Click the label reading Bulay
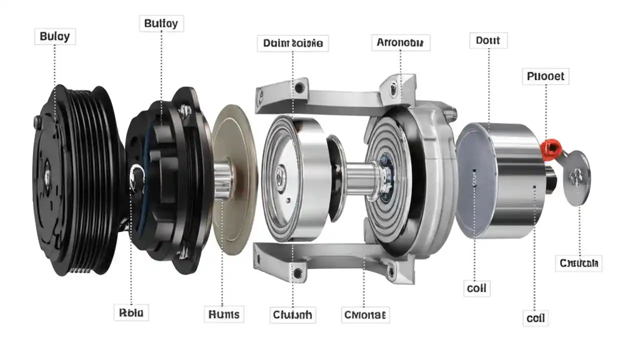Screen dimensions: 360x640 (x=55, y=36)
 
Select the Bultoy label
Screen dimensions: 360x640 (x=160, y=23)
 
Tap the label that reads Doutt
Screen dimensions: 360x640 (x=488, y=40)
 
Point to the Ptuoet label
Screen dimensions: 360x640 (x=545, y=76)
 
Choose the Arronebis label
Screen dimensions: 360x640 (x=400, y=43)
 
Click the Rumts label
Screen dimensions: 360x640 (x=223, y=314)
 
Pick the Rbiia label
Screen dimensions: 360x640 (x=131, y=313)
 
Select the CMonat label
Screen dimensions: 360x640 (x=365, y=315)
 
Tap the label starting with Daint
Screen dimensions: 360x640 (x=293, y=43)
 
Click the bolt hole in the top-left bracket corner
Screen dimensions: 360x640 (x=299, y=88)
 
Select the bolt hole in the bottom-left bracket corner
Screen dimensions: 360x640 (x=299, y=272)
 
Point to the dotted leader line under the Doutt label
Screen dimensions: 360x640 (x=488, y=85)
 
